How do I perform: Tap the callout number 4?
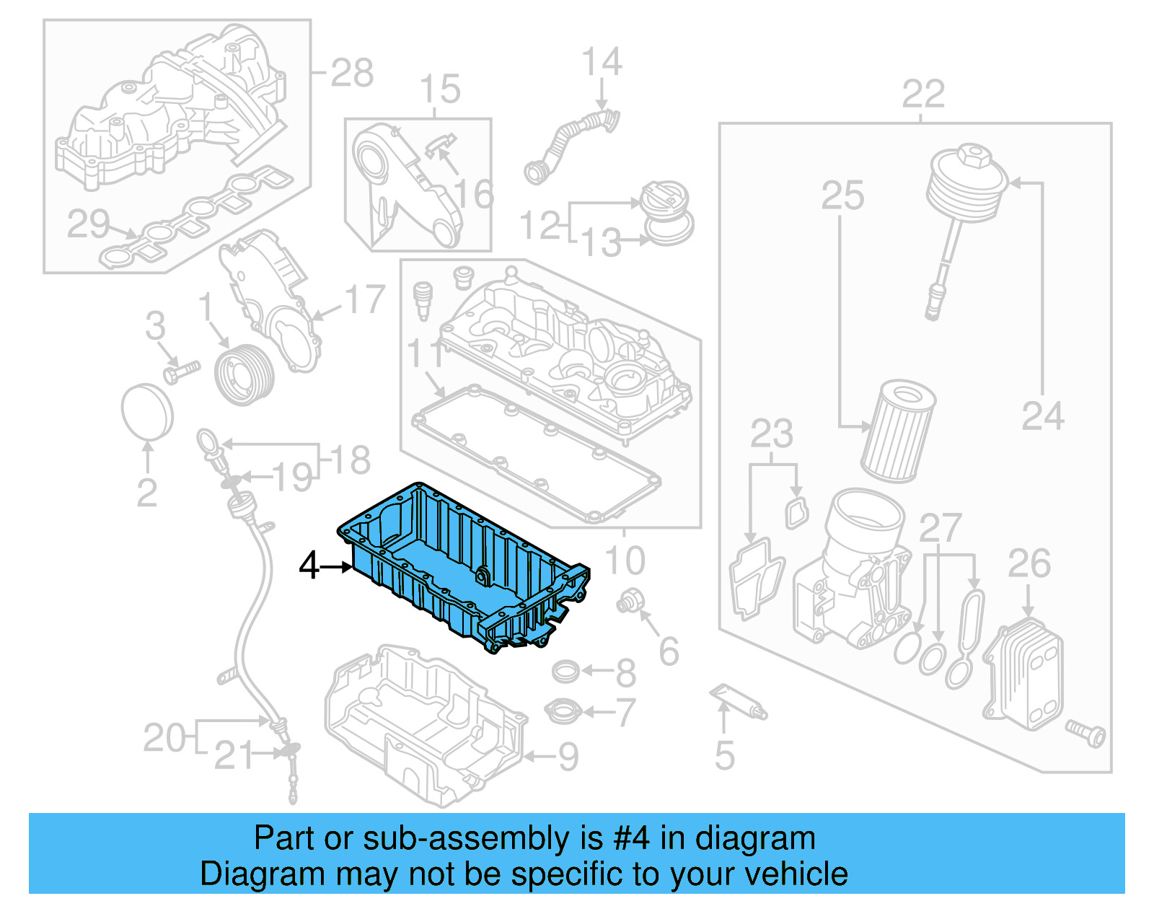click(309, 566)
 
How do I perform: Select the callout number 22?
click(923, 95)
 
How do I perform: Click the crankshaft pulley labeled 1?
click(245, 375)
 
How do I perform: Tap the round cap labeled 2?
click(147, 411)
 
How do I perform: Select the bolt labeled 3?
click(180, 372)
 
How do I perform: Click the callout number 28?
click(353, 73)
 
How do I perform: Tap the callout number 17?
click(365, 299)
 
